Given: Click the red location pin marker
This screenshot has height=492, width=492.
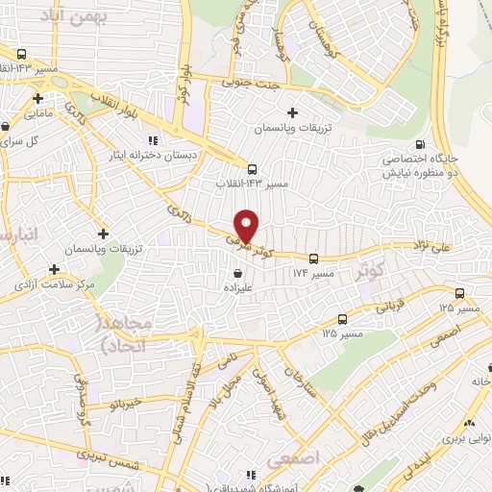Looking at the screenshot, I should pyautogui.click(x=247, y=226).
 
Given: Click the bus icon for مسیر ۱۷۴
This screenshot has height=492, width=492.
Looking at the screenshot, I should pyautogui.click(x=314, y=258).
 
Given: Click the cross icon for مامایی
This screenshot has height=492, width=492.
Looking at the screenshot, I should pyautogui.click(x=37, y=98).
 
